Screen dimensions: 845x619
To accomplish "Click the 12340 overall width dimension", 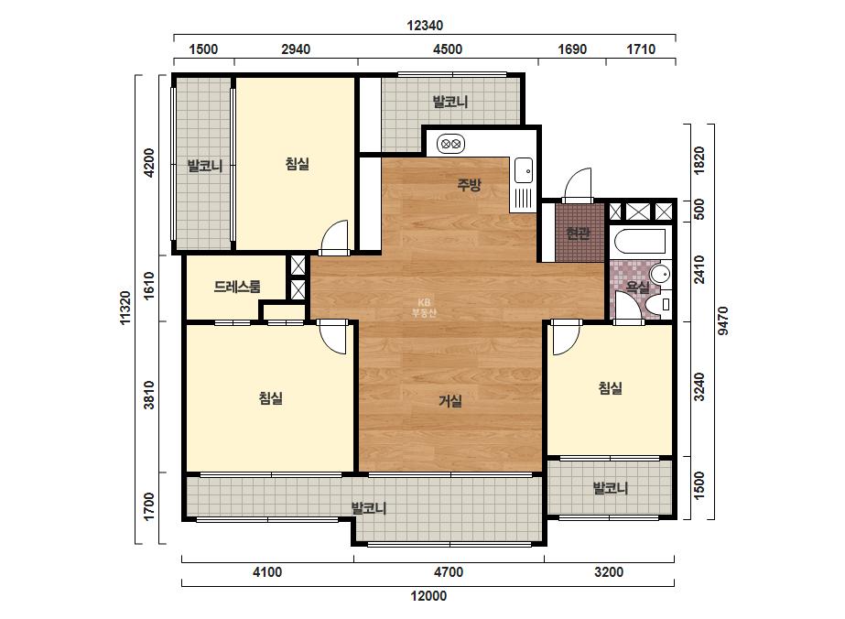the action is tap(425, 26).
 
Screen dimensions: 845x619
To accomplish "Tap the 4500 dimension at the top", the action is tap(448, 49).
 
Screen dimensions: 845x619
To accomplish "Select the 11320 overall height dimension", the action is tap(125, 308).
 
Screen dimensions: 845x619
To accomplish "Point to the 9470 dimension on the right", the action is tap(723, 320).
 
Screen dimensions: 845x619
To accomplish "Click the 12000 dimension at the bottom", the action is tap(428, 596).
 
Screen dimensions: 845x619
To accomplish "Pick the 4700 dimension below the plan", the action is tap(449, 571).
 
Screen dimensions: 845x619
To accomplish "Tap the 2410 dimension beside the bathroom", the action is tap(699, 269).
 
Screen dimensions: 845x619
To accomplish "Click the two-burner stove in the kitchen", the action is tap(450, 144).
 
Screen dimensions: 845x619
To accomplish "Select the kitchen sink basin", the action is tap(523, 171).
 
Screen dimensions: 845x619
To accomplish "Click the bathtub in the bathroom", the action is tap(640, 241).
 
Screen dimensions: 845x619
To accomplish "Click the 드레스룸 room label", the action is tap(237, 287).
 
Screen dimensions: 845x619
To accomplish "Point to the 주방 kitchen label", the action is tap(469, 185).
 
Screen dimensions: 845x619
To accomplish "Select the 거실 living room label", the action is tap(450, 401).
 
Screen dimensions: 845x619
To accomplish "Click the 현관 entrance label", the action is tap(578, 233).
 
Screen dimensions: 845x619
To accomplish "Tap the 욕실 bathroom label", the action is tap(637, 288).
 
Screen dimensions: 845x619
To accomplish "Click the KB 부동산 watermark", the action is tap(424, 308).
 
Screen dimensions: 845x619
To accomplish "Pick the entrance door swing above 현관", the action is tap(578, 185).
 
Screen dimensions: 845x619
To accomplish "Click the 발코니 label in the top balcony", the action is tap(450, 102).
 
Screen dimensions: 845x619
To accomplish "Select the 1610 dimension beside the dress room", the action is tap(149, 286).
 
